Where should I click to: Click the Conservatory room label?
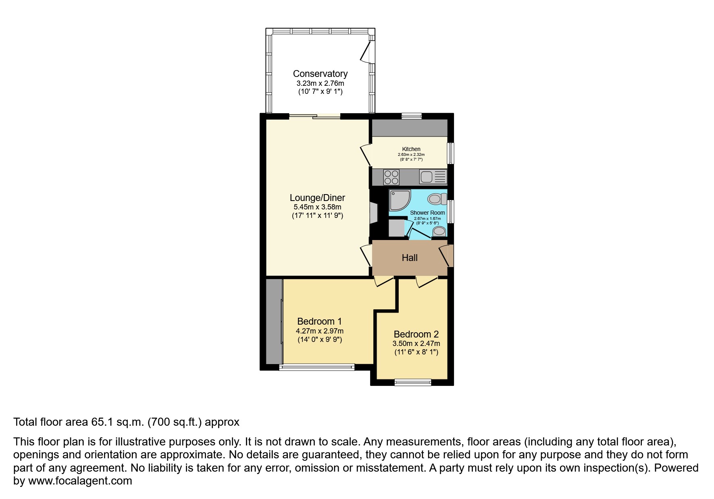point(320,74)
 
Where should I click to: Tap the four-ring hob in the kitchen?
point(391,177)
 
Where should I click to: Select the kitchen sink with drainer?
point(433,177)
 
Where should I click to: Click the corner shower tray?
point(399,200)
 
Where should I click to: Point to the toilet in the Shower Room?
point(437,199)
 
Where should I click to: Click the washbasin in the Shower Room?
point(439,231)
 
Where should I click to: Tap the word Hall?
point(410,258)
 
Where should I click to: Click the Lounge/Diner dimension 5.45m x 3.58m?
point(317,207)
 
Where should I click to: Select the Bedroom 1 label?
point(319,321)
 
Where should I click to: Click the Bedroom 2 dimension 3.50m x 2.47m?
point(416,344)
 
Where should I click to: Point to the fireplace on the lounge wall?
point(373,212)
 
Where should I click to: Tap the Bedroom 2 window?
point(413,382)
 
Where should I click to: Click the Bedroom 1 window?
point(317,367)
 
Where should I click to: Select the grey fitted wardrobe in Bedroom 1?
point(274,321)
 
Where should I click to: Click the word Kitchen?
point(411,149)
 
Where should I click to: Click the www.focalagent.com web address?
point(80,481)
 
